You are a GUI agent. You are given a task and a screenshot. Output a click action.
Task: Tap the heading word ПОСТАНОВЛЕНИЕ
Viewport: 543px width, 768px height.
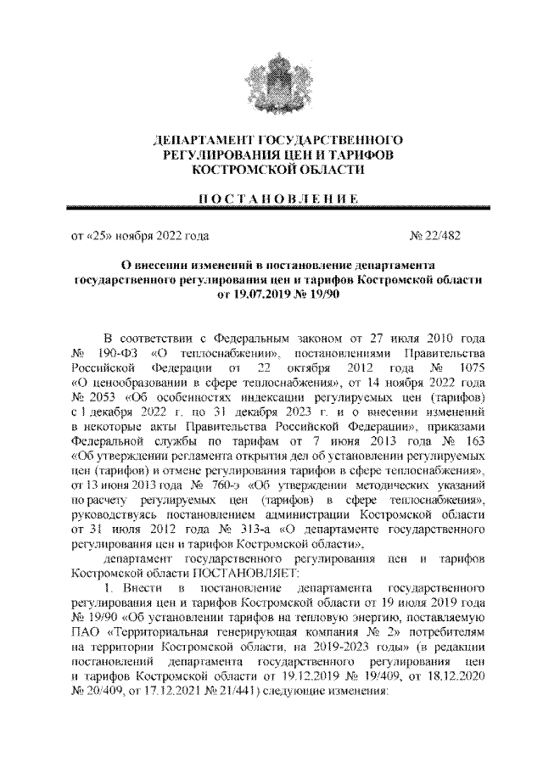(271, 198)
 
